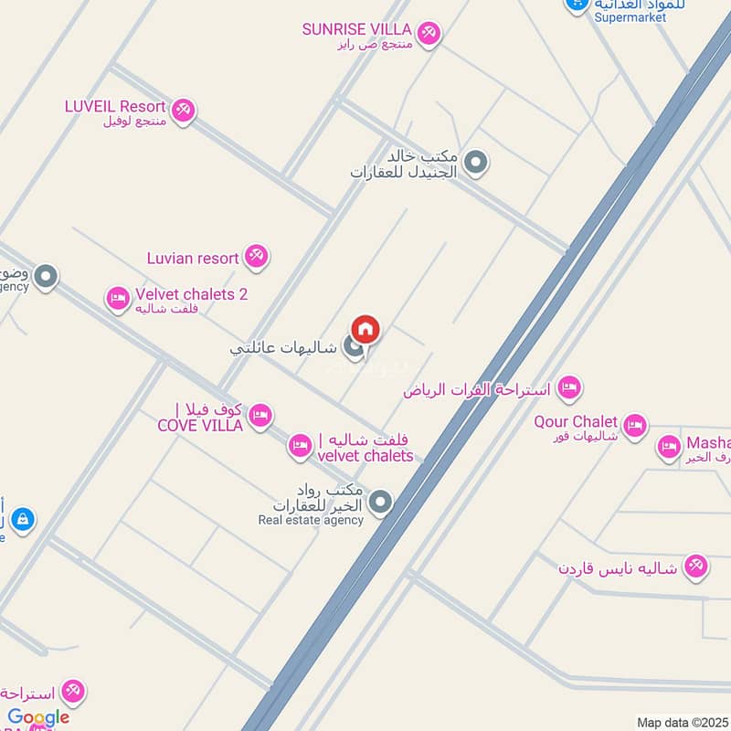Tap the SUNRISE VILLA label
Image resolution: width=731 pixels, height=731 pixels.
(x=357, y=29)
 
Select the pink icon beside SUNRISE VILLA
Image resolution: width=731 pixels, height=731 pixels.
(x=429, y=34)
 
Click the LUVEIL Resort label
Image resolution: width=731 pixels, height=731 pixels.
(x=115, y=106)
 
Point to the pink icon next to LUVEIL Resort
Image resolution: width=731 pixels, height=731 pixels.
(x=183, y=111)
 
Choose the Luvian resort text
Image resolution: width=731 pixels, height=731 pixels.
(x=193, y=259)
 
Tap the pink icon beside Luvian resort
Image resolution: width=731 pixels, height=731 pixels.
(x=257, y=257)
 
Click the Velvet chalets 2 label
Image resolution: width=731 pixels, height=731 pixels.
(x=191, y=294)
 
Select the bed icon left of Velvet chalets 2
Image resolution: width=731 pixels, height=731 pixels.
(x=118, y=298)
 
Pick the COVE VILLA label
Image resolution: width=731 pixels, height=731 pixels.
(x=200, y=425)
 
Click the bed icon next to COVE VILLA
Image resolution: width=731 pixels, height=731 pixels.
(x=260, y=415)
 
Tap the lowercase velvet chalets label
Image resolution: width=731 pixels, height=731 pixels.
(x=365, y=455)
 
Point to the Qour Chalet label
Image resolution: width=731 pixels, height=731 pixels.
(x=576, y=422)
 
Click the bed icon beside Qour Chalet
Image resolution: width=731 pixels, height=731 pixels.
(x=634, y=425)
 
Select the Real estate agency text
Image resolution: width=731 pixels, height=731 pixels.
(x=311, y=520)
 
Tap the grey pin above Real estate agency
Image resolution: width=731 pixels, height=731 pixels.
(x=381, y=502)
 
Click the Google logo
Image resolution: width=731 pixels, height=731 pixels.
(x=38, y=717)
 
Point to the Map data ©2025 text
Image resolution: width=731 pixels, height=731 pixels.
(x=682, y=723)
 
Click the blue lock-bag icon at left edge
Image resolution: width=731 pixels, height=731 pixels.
(x=22, y=520)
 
